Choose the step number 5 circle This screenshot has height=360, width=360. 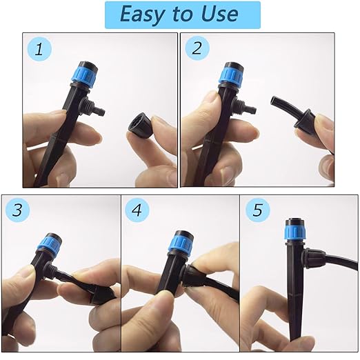pos(258,210)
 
